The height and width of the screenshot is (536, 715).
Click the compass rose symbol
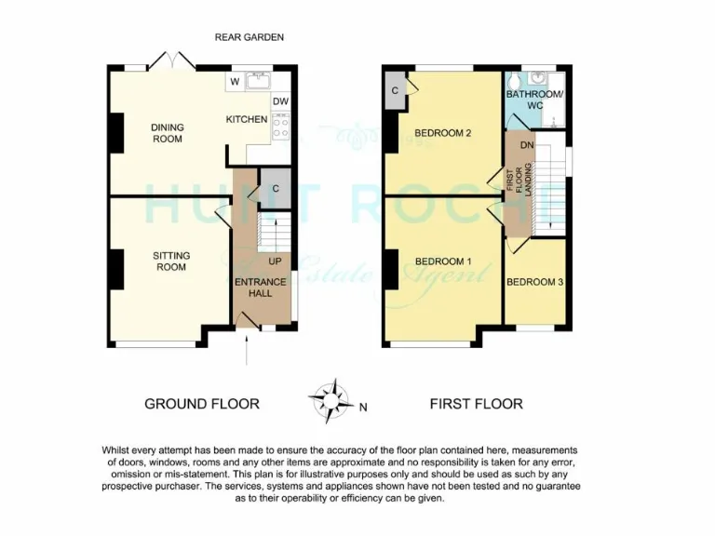[x=330, y=401]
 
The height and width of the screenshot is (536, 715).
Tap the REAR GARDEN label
[x=249, y=37]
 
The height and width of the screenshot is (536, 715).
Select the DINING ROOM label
[x=168, y=133]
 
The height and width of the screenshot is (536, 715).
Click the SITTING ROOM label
[x=170, y=261]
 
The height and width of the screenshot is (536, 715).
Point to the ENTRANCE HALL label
[x=260, y=287]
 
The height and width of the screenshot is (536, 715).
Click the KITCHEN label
[x=247, y=119]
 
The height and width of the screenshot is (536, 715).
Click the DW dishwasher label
[x=280, y=101]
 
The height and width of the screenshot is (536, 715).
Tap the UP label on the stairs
[x=275, y=261]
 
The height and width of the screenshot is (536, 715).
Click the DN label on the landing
[x=526, y=146]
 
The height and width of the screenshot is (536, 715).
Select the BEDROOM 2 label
[x=442, y=133]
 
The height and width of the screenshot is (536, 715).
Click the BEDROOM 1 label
[x=442, y=261]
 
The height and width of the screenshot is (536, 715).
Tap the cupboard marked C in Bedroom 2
[x=396, y=90]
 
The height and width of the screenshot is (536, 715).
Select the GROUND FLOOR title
[x=201, y=404]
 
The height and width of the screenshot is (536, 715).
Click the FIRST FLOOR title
[x=476, y=404]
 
